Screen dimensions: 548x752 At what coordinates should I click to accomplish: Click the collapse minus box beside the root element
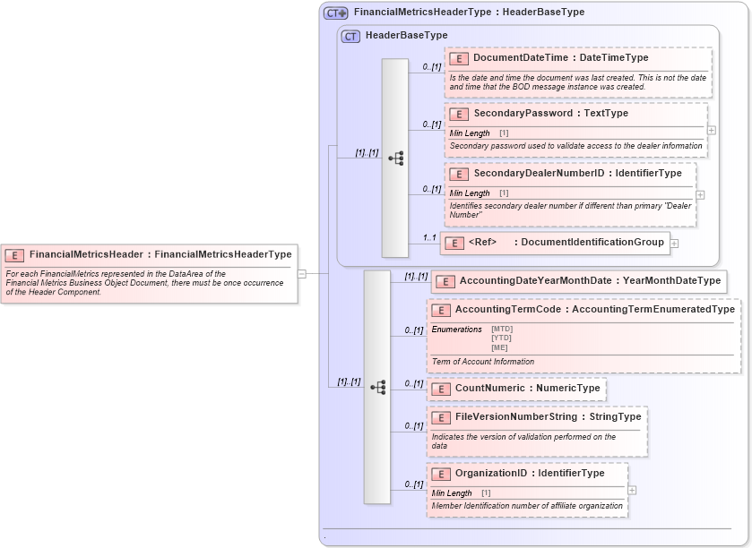coord(302,274)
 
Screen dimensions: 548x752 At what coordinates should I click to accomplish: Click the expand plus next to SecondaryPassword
coord(712,130)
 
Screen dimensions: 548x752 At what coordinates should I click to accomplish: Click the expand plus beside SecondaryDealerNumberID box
coord(700,194)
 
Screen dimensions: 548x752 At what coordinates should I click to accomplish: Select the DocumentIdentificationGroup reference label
coord(592,242)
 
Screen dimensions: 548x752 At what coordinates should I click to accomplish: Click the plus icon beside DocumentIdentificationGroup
coord(674,243)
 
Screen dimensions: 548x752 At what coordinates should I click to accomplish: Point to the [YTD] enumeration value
coord(501,338)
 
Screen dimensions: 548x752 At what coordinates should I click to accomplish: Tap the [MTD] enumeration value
coord(502,329)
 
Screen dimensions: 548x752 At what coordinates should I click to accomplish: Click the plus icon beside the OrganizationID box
coord(632,490)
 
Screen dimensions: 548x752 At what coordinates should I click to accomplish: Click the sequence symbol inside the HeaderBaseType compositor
coord(395,158)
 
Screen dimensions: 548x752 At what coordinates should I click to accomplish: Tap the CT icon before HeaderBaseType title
coord(350,36)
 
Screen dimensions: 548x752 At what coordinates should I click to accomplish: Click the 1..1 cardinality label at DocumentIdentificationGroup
coord(429,237)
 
